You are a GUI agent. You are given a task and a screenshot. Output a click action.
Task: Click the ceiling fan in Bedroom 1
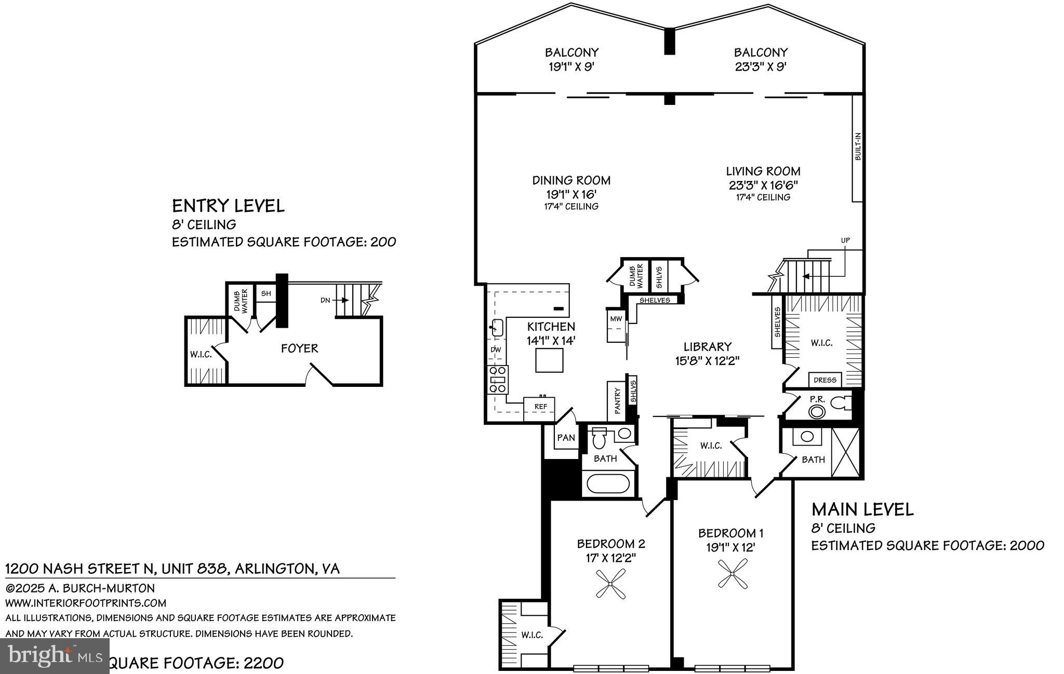pyautogui.click(x=733, y=573)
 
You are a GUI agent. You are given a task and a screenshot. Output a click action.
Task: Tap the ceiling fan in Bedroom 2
pyautogui.click(x=611, y=583)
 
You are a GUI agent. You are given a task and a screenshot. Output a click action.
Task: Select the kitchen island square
pyautogui.click(x=550, y=360)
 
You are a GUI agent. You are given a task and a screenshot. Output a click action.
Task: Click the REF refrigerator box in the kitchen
pyautogui.click(x=540, y=407)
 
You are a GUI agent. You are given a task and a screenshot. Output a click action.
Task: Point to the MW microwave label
pyautogui.click(x=616, y=319)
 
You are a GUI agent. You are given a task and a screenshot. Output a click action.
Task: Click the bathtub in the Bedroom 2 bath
pyautogui.click(x=608, y=483)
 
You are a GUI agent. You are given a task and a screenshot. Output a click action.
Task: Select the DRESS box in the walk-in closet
pyautogui.click(x=825, y=380)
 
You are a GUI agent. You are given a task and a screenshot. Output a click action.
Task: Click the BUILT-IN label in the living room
pyautogui.click(x=858, y=146)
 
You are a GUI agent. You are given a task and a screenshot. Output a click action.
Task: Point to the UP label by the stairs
pyautogui.click(x=845, y=240)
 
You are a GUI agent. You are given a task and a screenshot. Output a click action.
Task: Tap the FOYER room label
pyautogui.click(x=299, y=348)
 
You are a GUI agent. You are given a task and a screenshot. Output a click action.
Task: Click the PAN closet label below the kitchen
pyautogui.click(x=566, y=438)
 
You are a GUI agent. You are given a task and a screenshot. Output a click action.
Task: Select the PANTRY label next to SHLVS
pyautogui.click(x=617, y=400)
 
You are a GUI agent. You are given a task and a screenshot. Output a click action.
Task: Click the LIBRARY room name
pyautogui.click(x=707, y=346)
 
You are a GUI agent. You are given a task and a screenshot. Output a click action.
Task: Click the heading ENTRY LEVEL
pyautogui.click(x=228, y=206)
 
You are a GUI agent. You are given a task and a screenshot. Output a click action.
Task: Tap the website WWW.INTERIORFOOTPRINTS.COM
pyautogui.click(x=86, y=603)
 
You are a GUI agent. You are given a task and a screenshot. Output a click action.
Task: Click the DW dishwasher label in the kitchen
pyautogui.click(x=496, y=349)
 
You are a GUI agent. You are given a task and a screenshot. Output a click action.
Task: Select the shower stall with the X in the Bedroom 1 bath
pyautogui.click(x=845, y=452)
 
